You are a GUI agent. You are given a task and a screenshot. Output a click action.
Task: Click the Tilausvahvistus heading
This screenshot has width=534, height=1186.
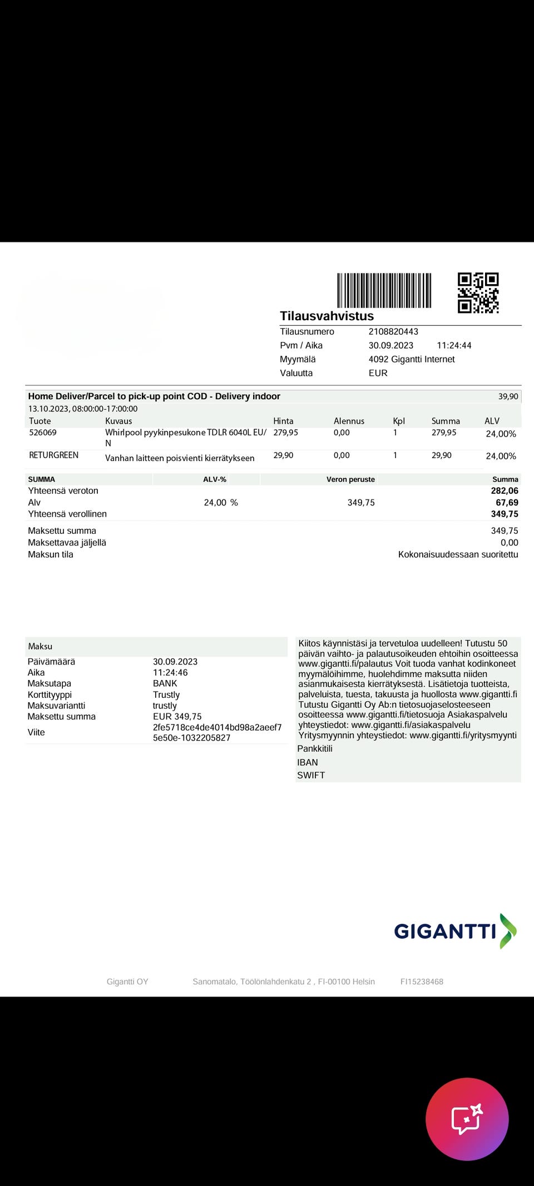(327, 316)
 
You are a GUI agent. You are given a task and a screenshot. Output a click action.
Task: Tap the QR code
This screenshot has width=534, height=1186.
(478, 292)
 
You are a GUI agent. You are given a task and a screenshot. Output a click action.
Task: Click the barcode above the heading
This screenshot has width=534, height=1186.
(384, 290)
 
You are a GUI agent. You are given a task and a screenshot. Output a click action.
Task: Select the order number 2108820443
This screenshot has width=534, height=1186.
(393, 331)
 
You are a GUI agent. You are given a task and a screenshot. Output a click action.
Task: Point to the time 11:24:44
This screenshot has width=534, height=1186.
(454, 345)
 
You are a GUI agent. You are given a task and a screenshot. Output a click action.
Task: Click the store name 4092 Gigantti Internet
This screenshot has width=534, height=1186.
(412, 359)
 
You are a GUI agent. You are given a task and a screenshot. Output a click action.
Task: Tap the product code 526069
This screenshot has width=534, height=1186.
(43, 433)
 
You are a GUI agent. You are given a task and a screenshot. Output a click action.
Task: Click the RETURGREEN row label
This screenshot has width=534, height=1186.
(53, 455)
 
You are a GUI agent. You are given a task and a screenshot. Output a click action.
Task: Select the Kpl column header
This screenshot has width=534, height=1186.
(399, 421)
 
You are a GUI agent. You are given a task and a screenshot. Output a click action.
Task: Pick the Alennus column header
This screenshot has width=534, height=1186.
(349, 421)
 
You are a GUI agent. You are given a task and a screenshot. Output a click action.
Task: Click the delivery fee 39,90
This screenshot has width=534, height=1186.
(508, 396)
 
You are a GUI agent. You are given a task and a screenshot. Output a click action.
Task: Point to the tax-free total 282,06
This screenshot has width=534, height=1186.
(505, 490)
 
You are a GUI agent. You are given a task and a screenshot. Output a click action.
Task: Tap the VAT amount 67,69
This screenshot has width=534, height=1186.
(507, 503)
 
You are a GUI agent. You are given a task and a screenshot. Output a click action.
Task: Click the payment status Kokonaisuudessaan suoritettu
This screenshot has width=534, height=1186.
(458, 554)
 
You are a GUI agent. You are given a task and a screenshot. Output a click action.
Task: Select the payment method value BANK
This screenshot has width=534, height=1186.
(165, 683)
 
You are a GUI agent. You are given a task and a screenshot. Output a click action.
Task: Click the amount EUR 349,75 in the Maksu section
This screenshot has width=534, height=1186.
(177, 717)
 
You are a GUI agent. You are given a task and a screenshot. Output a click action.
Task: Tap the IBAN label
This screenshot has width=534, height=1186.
(308, 762)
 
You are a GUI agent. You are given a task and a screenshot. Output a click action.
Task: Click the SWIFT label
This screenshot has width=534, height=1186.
(311, 775)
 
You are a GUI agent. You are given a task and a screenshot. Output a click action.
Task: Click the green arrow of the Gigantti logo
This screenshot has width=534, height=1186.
(507, 931)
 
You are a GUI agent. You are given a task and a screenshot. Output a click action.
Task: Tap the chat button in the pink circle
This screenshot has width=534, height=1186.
(467, 1119)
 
